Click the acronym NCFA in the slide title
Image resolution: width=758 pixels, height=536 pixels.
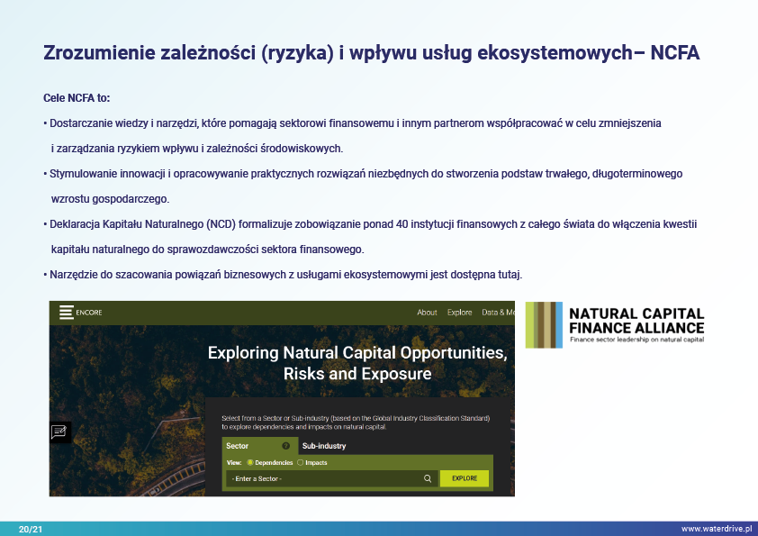click(x=675, y=53)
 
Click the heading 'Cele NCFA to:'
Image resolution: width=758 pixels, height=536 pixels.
click(x=77, y=97)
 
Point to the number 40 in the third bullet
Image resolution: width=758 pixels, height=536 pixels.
click(x=402, y=224)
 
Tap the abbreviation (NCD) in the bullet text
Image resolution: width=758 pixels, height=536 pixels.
click(x=221, y=224)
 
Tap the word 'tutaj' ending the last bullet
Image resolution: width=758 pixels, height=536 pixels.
click(x=510, y=275)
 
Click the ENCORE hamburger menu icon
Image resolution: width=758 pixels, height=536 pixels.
click(x=67, y=312)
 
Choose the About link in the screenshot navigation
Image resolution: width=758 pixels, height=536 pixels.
click(x=427, y=313)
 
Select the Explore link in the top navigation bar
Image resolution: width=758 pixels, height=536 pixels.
click(x=459, y=313)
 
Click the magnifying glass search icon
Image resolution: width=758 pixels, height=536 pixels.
click(x=428, y=478)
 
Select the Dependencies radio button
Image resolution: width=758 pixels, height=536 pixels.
click(x=250, y=462)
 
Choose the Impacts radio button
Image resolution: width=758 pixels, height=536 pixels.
click(x=300, y=462)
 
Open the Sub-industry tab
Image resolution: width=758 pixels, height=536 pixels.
click(x=324, y=446)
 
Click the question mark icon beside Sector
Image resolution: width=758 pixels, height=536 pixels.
click(x=285, y=446)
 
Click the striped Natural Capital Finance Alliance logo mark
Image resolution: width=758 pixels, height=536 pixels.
click(x=544, y=324)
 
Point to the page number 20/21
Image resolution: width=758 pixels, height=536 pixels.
click(x=31, y=529)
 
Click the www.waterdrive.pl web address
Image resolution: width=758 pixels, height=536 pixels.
click(x=717, y=529)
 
